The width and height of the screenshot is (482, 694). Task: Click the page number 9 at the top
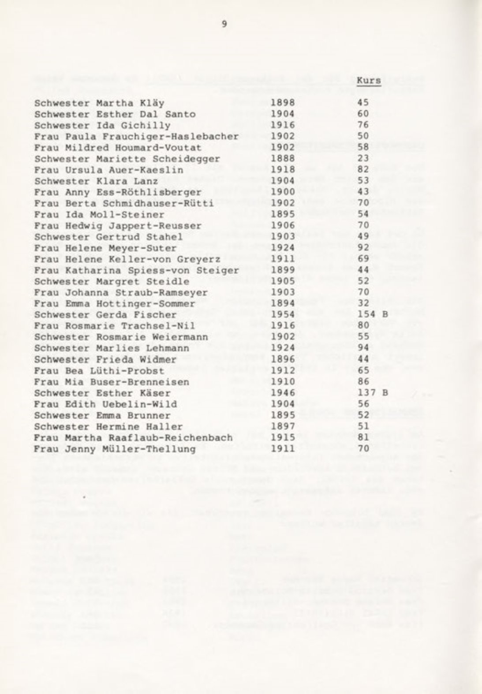point(224,25)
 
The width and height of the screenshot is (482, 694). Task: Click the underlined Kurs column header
point(369,81)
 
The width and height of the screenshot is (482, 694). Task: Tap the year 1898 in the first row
point(282,103)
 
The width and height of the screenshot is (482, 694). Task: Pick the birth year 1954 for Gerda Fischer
point(282,315)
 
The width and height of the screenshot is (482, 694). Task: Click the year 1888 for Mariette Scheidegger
point(282,159)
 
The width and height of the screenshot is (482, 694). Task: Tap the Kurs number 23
point(363,159)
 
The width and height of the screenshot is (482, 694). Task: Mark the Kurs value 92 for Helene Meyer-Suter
point(363,248)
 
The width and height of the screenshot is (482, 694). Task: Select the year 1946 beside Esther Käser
point(282,393)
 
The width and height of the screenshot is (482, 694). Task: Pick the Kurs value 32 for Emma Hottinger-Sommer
point(363,303)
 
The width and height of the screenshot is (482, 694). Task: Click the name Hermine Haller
point(139,426)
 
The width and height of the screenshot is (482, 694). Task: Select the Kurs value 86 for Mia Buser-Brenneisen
point(363,382)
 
